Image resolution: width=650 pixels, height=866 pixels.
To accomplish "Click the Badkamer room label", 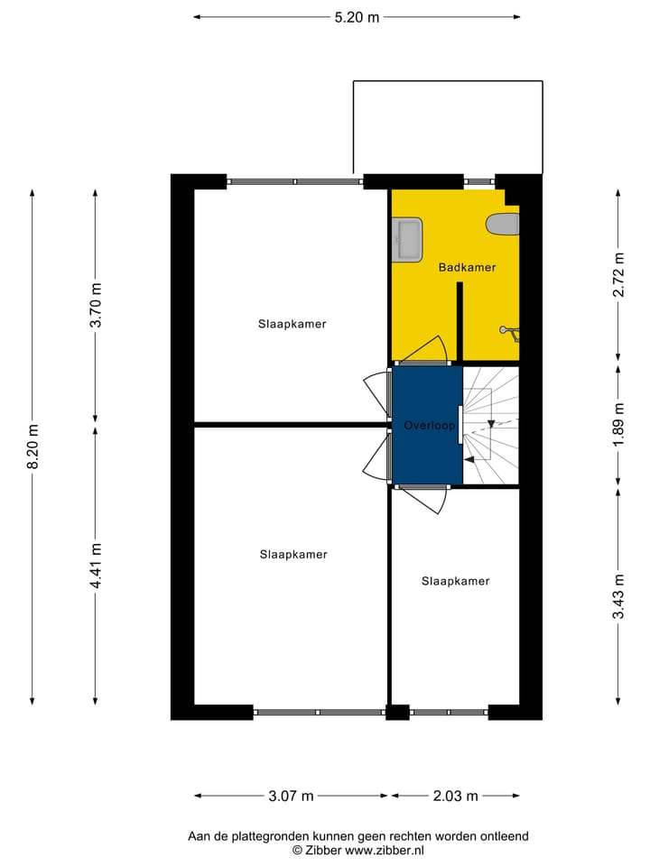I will (x=467, y=268).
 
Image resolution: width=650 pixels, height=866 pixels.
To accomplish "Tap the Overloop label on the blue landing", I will (x=429, y=425).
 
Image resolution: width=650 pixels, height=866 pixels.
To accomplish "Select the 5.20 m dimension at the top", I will (x=357, y=16).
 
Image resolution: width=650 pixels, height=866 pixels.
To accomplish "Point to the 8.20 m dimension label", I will (x=33, y=447).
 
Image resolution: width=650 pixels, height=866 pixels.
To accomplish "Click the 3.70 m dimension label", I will (x=97, y=307).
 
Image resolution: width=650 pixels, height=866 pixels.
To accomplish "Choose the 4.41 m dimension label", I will (x=97, y=566).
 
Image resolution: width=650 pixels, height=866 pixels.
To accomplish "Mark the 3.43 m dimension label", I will (x=617, y=596).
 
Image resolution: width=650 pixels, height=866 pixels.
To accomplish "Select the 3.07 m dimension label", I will (x=291, y=796).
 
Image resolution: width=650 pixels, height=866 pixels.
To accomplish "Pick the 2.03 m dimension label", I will (x=455, y=796).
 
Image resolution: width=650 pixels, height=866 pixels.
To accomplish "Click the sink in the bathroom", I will (x=407, y=239).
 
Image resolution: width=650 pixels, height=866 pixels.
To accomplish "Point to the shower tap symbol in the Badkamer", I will (x=510, y=333).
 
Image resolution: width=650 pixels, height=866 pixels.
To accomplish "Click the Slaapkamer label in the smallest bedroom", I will (x=455, y=581).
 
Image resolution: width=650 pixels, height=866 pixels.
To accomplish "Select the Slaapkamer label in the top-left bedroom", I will (x=292, y=324).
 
